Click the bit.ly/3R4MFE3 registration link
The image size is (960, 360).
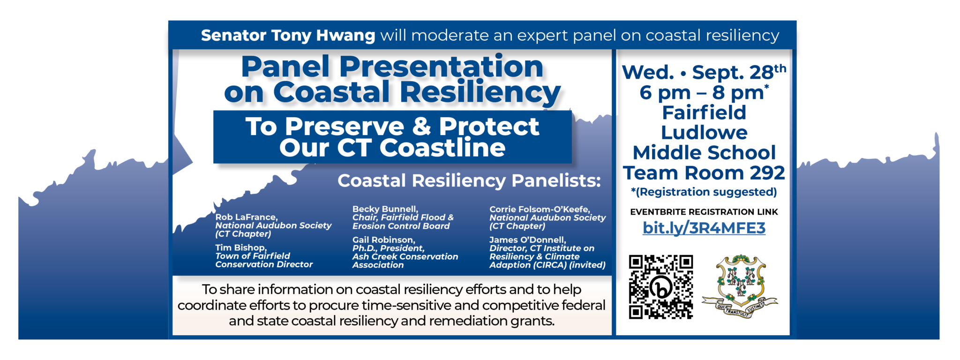704,228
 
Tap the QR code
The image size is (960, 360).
661,287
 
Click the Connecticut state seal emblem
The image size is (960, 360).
740,286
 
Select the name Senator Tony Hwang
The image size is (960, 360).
288,36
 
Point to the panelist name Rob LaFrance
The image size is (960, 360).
246,217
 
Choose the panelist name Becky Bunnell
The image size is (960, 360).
385,209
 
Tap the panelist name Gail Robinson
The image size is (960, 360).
383,240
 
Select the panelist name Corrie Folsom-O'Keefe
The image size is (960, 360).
540,209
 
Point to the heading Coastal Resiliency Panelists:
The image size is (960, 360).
469,180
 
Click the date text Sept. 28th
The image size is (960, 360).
739,72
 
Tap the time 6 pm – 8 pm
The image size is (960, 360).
702,93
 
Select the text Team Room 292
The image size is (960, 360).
704,172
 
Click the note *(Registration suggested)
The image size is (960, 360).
704,192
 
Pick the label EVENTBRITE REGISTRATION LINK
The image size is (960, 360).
704,212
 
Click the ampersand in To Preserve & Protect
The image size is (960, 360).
421,126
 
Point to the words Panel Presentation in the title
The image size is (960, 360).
392,66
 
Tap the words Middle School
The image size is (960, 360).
704,153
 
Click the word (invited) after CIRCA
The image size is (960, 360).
587,265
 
